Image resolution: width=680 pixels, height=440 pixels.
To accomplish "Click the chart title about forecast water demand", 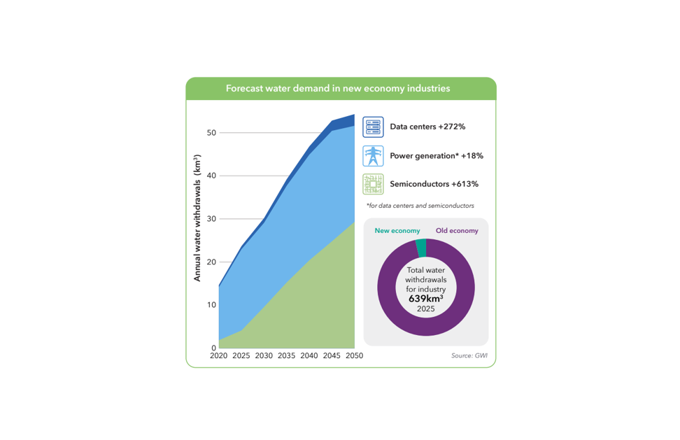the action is pos(338,88).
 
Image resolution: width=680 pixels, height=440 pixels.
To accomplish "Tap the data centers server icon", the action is pos(373,127).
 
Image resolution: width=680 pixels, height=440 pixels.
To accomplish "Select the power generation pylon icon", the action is pos(373,156).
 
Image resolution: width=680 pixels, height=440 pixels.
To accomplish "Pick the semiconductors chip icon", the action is pos(373,184).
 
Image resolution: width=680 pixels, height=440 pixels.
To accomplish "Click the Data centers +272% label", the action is pos(427,127).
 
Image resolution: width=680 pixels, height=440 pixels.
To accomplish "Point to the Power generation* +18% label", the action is pos(437,155).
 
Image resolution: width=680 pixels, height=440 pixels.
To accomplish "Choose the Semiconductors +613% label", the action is pos(434,184).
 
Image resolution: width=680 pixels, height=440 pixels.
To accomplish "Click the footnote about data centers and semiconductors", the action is pos(420,206).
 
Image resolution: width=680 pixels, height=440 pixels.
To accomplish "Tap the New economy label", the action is pos(397,231).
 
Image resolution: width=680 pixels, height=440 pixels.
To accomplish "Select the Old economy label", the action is pos(457,231).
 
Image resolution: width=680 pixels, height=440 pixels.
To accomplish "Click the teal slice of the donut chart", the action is pos(421,248).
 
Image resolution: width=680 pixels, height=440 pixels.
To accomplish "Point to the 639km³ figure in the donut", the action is pos(426,299).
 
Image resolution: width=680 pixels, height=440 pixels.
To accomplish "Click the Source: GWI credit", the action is pos(469,355).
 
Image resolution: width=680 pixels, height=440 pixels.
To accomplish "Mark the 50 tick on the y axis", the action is pos(211,133).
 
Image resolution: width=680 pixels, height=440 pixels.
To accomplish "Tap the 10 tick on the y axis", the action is pos(211,305).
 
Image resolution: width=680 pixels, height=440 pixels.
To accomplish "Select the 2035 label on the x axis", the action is pos(286,355).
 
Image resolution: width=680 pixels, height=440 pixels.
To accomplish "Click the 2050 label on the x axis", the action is pos(354,355).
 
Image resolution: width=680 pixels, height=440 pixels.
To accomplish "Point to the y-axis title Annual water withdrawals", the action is pos(197,218).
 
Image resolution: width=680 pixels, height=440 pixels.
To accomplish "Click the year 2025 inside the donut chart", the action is pos(426,308).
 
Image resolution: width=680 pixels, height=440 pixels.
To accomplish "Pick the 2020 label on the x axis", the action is pos(218,355).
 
